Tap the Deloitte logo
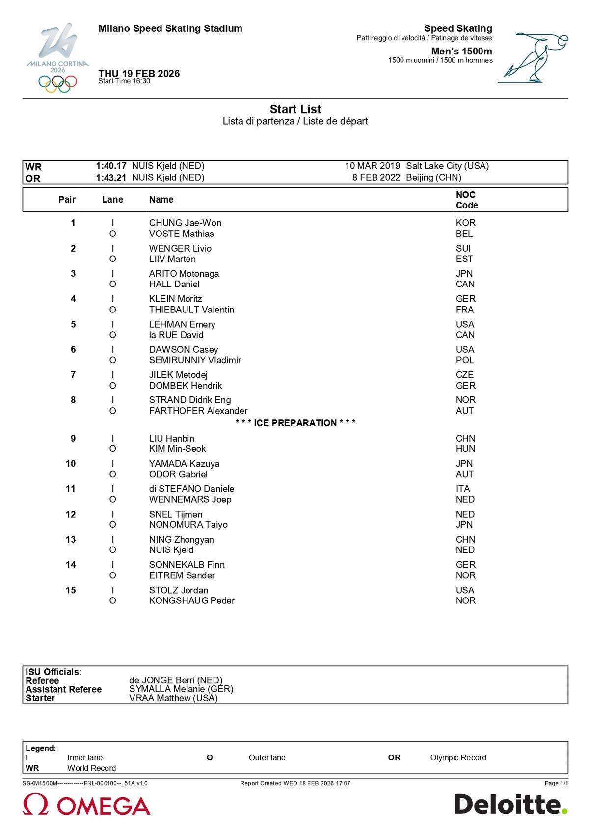510,805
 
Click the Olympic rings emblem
58,83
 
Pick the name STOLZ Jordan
179,590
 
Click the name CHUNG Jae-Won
185,223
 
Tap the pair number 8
73,400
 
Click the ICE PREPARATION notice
295,423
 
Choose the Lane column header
112,200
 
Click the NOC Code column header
466,200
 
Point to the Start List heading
295,109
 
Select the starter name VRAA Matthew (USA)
173,698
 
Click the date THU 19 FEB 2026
139,74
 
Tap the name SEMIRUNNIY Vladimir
195,360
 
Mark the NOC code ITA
463,489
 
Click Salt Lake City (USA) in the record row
447,166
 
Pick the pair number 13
71,540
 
